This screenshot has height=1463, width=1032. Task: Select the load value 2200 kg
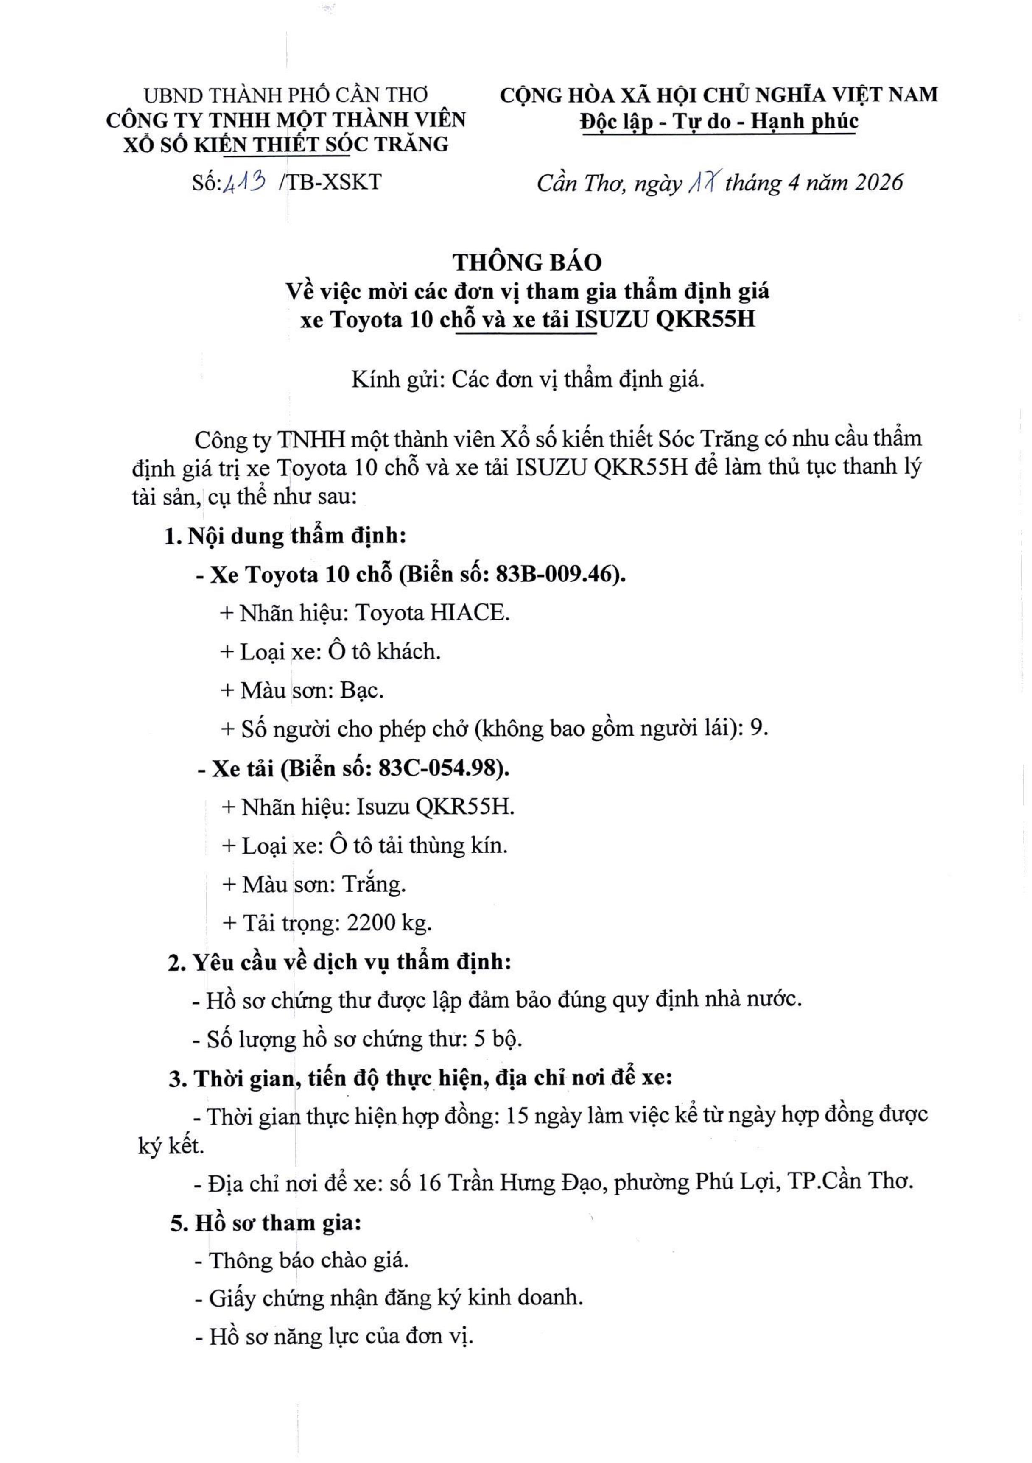(x=389, y=923)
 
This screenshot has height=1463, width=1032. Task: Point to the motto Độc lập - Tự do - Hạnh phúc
(x=719, y=121)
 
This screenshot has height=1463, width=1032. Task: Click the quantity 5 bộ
(x=498, y=1039)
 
